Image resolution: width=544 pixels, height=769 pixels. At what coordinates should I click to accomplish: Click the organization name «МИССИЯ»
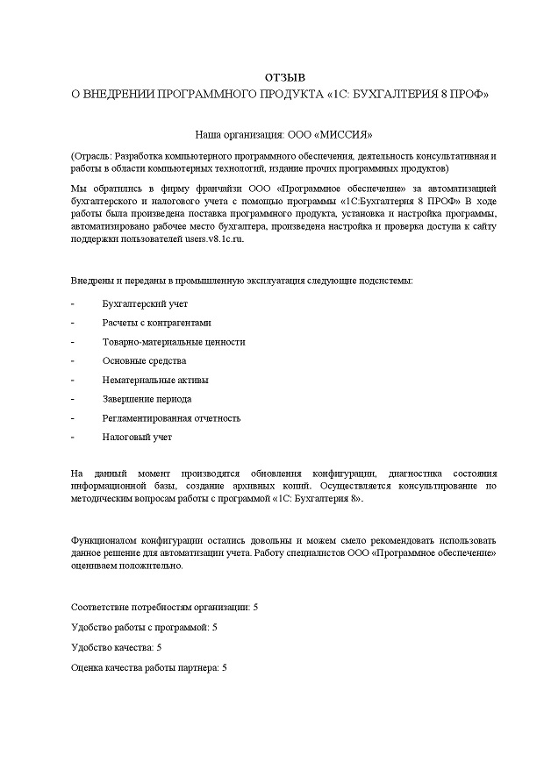pos(348,135)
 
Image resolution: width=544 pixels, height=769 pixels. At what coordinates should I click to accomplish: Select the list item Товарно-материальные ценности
pos(174,341)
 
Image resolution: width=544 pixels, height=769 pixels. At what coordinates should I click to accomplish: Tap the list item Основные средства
pos(144,360)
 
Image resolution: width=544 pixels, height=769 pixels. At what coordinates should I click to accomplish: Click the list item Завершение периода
pos(147,399)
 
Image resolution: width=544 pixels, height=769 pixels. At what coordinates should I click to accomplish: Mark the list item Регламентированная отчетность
pos(171,418)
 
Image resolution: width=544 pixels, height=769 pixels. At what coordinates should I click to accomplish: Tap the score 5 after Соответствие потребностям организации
pos(255,607)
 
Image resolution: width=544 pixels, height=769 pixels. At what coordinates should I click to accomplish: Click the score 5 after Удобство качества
pos(159,647)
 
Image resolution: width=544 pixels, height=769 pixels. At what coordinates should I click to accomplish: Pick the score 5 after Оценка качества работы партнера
pos(225,668)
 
